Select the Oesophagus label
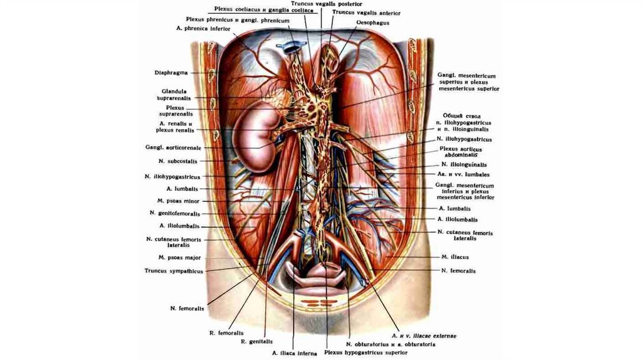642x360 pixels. point(373,23)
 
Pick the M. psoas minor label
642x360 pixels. point(179,200)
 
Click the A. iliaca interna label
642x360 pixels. point(292,352)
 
